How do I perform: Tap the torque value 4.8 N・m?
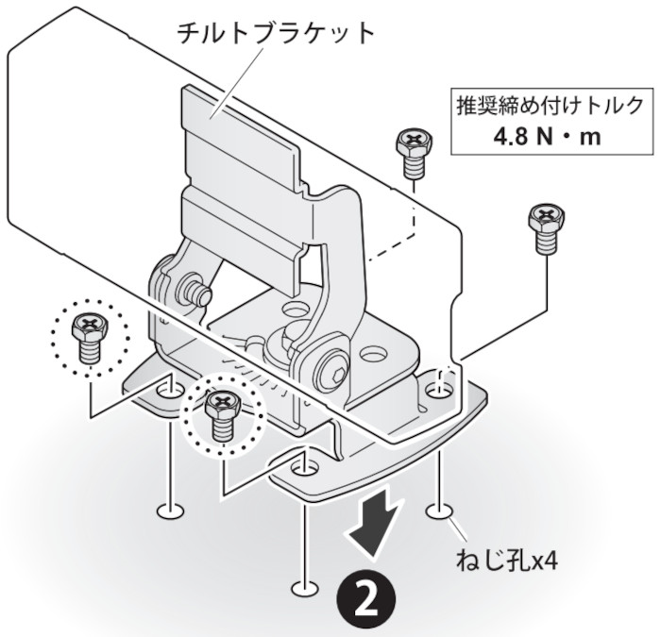[548, 135]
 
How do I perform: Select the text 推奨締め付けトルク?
[548, 102]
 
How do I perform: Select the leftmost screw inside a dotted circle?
[87, 336]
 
